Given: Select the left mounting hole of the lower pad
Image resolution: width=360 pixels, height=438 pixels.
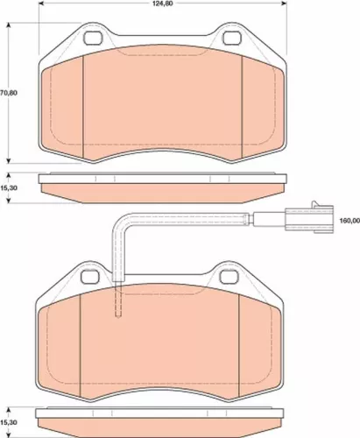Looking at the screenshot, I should [x=91, y=278].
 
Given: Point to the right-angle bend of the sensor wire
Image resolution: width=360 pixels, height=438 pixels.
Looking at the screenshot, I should [x=119, y=220].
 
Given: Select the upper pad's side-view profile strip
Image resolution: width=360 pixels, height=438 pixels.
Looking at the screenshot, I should [x=161, y=187].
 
